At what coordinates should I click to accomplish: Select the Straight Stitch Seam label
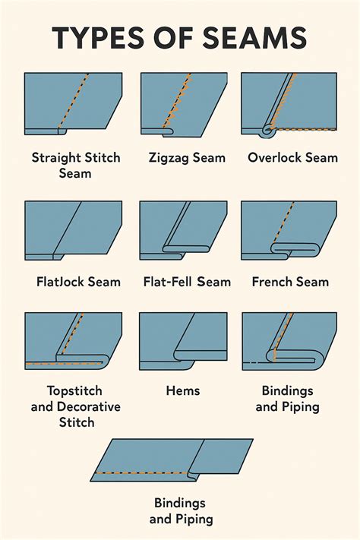click(72, 166)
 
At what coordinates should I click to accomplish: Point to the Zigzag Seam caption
click(187, 158)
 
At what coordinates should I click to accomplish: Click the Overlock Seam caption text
click(293, 158)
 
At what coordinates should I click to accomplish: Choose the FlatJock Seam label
click(78, 282)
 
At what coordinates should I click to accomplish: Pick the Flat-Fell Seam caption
click(187, 282)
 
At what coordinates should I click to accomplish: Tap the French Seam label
click(290, 282)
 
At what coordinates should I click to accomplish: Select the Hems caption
click(183, 390)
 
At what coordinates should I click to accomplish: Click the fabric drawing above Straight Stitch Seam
click(73, 103)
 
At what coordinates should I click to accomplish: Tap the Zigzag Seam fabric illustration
click(183, 103)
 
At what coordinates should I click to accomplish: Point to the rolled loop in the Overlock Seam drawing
click(267, 130)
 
